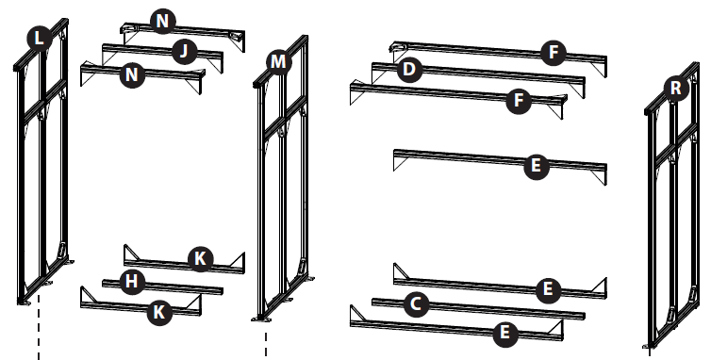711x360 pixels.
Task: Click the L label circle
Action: click(40, 38)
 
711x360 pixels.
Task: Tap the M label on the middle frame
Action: click(278, 61)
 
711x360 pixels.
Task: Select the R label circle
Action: click(675, 88)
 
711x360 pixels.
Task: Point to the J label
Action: click(184, 51)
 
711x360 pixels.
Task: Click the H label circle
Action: click(132, 282)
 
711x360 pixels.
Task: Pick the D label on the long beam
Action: click(409, 70)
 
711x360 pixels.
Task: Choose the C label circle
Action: click(416, 304)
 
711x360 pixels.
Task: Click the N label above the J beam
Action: click(162, 22)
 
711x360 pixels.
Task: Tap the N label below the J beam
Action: click(132, 74)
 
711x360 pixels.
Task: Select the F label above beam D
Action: click(554, 52)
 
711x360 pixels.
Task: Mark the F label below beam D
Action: click(519, 100)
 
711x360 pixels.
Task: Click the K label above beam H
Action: click(201, 259)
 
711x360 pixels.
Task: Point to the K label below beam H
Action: click(159, 312)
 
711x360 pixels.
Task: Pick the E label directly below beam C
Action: click(504, 334)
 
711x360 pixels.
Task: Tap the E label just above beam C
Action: click(548, 288)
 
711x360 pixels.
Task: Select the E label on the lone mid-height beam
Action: click(536, 166)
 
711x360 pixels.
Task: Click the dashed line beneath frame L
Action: click(39, 327)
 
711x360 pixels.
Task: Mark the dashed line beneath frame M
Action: click(266, 344)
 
